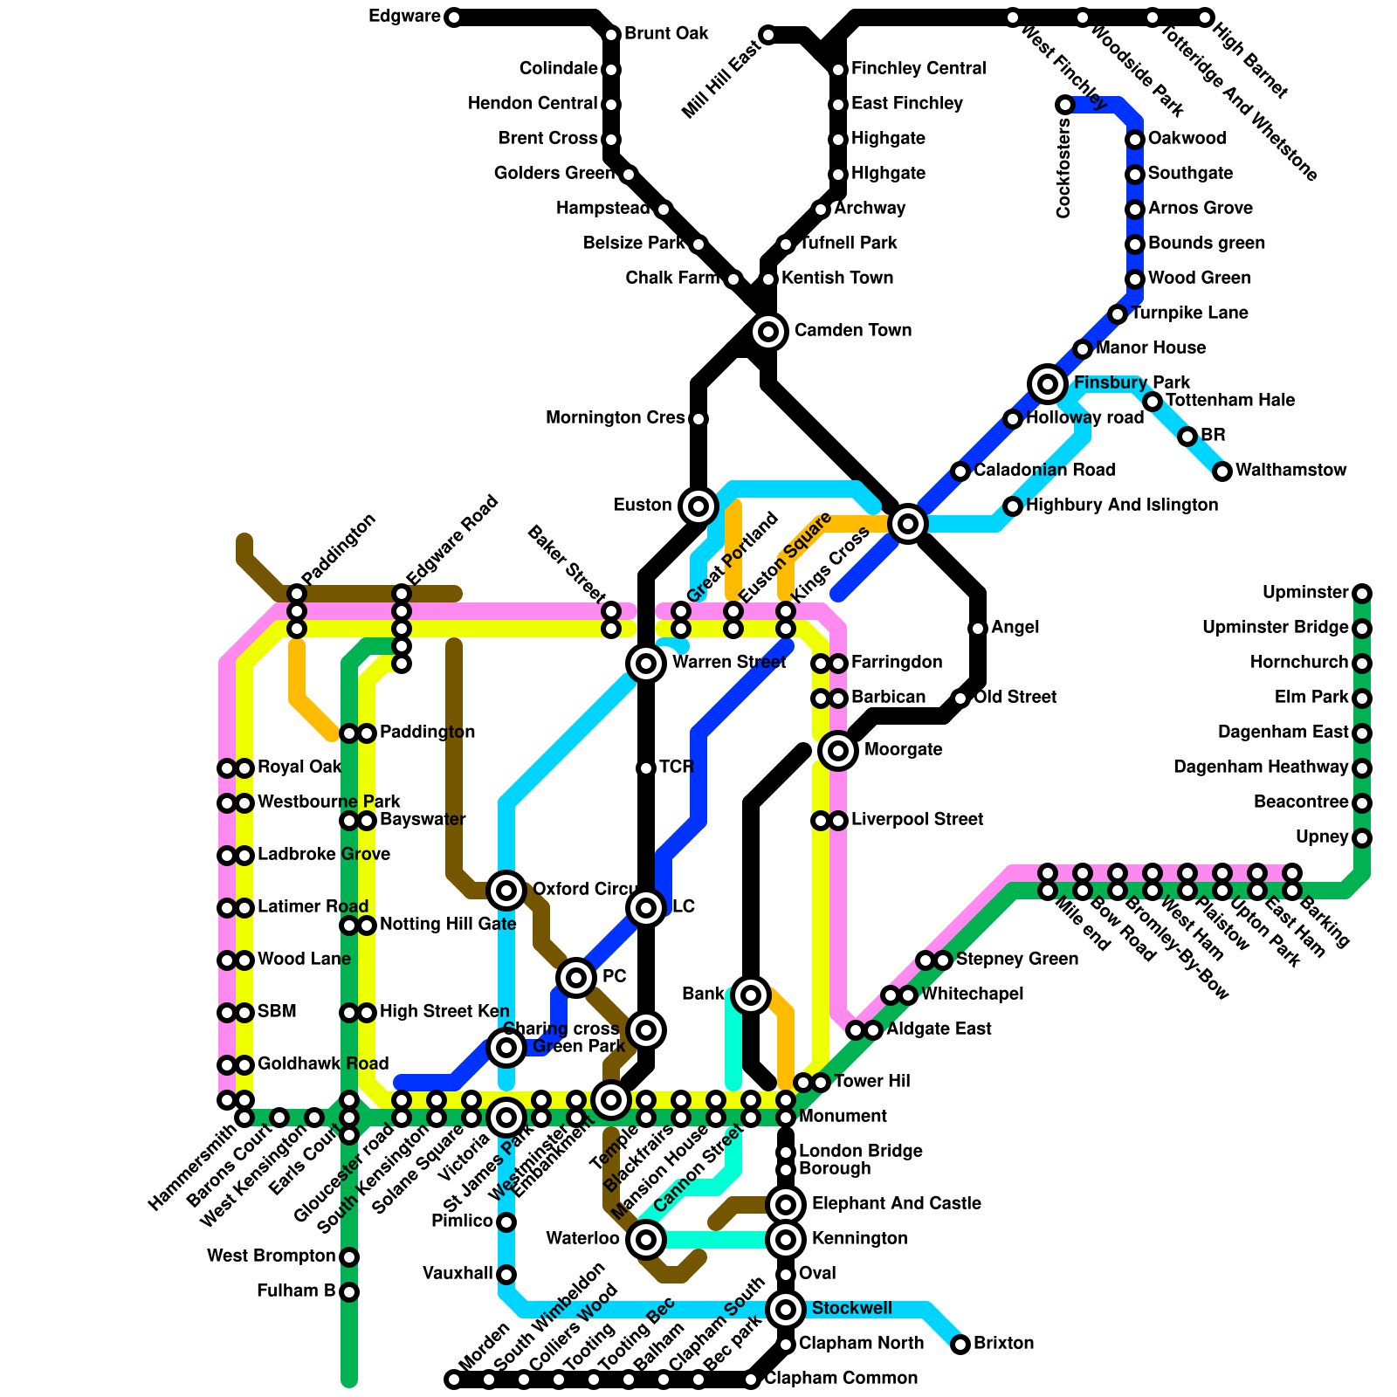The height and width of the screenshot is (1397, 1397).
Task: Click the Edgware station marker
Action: coord(453,17)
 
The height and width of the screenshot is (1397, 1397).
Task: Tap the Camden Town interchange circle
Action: coord(768,331)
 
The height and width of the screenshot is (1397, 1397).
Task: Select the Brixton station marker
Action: coord(960,1344)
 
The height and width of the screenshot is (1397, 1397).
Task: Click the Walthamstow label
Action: coord(1290,471)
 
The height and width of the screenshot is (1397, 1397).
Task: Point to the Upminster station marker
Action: coord(1362,594)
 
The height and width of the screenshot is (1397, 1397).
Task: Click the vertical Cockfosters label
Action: coord(1063,169)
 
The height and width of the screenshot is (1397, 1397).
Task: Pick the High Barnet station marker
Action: coord(1205,17)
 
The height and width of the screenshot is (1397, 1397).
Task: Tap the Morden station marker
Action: coord(453,1380)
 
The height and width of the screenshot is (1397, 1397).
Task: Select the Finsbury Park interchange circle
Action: coord(1048,383)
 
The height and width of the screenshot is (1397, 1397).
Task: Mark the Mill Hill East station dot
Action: coord(767,36)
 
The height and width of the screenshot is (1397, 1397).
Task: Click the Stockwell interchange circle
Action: coord(786,1309)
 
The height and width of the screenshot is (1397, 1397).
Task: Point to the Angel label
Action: coord(1015,628)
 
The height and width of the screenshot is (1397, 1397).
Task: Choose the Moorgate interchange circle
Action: coord(838,750)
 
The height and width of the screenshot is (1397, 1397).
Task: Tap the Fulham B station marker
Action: coord(349,1291)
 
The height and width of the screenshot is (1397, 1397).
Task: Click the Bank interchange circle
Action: coord(751,994)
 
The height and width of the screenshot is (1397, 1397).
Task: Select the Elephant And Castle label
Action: coord(896,1204)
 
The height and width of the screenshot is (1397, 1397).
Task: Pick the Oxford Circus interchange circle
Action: coord(506,891)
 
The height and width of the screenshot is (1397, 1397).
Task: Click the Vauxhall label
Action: coord(458,1274)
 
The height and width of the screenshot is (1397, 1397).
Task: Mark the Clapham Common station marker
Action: coord(751,1380)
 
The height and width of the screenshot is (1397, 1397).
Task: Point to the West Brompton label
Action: coord(271,1256)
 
